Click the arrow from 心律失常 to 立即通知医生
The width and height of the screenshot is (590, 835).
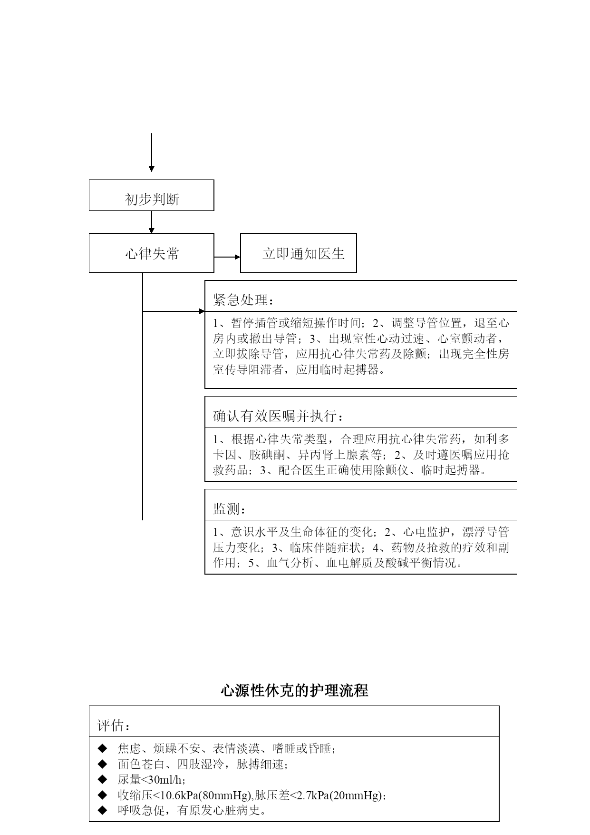pyautogui.click(x=227, y=257)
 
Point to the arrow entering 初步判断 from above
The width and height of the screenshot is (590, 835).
pyautogui.click(x=152, y=152)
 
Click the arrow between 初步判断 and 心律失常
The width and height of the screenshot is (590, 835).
pyautogui.click(x=152, y=222)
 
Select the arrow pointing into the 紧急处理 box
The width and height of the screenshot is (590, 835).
pyautogui.click(x=174, y=311)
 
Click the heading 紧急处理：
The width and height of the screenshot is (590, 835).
pyautogui.click(x=243, y=300)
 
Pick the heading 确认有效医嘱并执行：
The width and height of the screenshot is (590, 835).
pyautogui.click(x=278, y=417)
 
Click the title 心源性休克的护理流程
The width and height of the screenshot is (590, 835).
pyautogui.click(x=294, y=690)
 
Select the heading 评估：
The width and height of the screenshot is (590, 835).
pyautogui.click(x=114, y=726)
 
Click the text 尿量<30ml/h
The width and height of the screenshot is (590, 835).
pyautogui.click(x=150, y=780)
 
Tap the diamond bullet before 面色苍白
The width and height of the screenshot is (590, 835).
pyautogui.click(x=102, y=764)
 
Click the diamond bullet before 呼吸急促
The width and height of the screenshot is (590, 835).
pyautogui.click(x=102, y=810)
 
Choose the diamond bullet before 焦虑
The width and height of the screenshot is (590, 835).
pyautogui.click(x=102, y=749)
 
